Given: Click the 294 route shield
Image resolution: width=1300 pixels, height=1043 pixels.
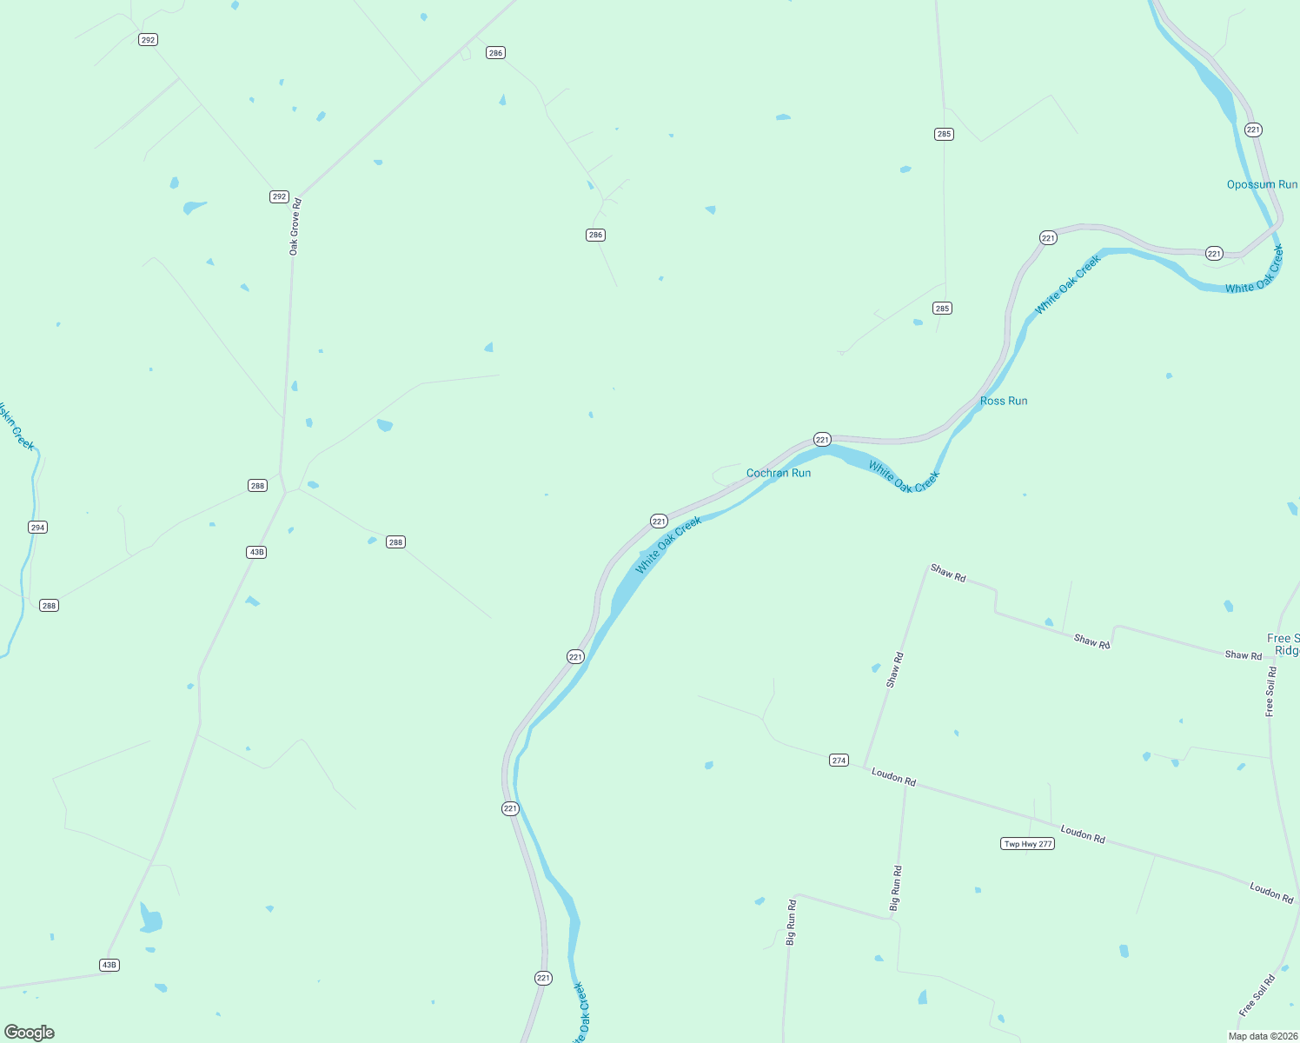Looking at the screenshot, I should (x=37, y=527).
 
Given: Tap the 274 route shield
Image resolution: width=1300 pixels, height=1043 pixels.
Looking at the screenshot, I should (x=839, y=760).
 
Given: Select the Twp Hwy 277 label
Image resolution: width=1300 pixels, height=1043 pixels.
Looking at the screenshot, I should (x=1028, y=844).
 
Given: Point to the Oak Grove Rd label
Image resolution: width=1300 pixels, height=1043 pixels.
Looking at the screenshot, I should (x=295, y=227).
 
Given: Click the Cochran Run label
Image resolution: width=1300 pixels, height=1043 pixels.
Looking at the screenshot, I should (x=779, y=473).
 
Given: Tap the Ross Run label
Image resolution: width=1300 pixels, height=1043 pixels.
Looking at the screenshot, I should (x=1004, y=401).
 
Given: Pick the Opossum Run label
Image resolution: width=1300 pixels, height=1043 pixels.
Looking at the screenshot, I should (x=1262, y=184).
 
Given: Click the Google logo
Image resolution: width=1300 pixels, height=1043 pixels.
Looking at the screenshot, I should (x=30, y=1033).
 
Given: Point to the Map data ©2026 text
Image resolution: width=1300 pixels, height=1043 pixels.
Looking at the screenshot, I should (x=1263, y=1036).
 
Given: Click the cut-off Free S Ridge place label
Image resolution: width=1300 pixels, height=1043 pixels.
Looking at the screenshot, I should (x=1284, y=644).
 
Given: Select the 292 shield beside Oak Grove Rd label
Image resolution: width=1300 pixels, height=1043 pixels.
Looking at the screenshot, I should (x=279, y=196).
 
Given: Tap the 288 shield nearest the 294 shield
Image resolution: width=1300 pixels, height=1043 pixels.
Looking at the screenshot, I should (x=49, y=605).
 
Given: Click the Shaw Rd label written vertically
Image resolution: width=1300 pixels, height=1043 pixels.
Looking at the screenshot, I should (x=894, y=670).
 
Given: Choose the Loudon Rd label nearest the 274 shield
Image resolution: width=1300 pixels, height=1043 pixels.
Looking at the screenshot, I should (x=893, y=778).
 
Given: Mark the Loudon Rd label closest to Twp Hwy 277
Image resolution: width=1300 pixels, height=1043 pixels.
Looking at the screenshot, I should (x=1083, y=834).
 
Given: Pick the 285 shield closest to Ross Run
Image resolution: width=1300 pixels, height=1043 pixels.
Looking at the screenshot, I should (x=942, y=308).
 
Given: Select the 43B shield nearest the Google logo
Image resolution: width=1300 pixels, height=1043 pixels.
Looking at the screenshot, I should (x=109, y=965).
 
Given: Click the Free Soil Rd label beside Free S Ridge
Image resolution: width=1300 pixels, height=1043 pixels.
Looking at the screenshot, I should (x=1270, y=692).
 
